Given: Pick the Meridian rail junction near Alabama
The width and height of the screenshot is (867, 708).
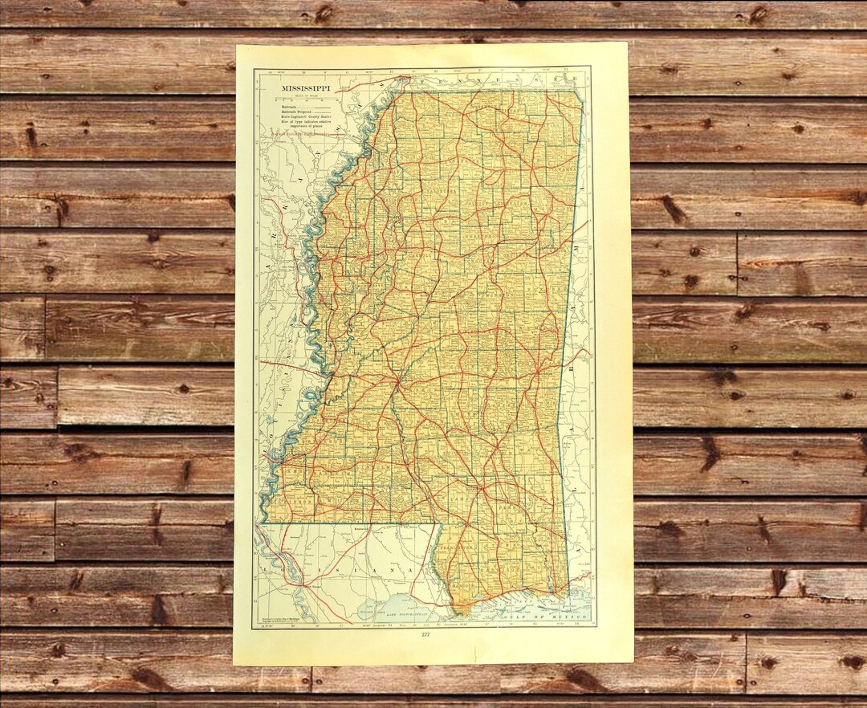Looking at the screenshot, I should [x=546, y=373].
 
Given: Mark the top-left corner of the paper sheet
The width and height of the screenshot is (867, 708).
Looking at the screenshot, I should [x=236, y=45].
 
